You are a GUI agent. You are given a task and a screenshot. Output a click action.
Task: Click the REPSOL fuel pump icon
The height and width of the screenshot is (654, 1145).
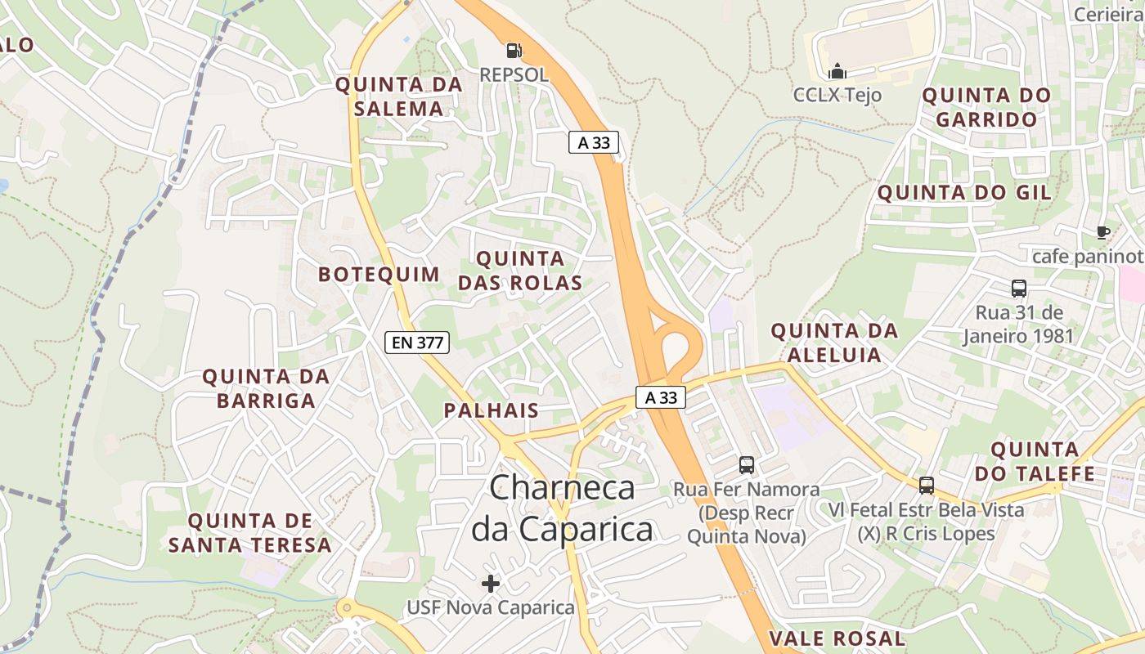(514, 51)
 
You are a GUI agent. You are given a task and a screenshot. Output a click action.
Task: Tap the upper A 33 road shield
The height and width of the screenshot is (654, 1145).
(594, 142)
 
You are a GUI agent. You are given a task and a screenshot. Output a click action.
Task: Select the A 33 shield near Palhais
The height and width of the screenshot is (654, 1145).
(661, 397)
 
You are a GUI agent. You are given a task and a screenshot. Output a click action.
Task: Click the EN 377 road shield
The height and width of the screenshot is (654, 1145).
(417, 343)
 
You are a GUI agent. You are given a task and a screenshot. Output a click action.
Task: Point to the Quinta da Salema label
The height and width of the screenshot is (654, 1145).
(399, 96)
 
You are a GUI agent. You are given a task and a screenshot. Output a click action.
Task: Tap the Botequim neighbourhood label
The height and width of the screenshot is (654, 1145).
(379, 274)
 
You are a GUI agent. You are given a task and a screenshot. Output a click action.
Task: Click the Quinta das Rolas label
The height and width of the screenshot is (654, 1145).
(520, 271)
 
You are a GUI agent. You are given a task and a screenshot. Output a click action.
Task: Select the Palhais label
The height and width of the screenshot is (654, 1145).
(492, 410)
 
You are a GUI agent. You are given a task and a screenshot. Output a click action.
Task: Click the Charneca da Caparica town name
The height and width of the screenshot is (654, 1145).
(563, 508)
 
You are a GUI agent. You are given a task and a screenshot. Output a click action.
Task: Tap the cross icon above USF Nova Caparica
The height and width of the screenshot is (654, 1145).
(491, 583)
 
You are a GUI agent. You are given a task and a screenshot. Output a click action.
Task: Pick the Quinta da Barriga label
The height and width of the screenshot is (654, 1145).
(266, 388)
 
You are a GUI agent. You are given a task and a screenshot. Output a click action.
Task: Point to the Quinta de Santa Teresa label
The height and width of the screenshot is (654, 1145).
(250, 532)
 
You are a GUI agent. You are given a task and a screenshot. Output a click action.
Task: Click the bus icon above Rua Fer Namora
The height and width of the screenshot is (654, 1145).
(747, 465)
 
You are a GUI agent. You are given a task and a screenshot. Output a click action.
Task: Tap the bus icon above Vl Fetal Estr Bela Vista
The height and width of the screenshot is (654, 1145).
(926, 486)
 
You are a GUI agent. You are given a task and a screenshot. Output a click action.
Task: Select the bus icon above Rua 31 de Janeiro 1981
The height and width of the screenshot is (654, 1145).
(1018, 289)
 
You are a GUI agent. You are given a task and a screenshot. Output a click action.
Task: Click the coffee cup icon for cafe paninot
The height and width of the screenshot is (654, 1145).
(1102, 232)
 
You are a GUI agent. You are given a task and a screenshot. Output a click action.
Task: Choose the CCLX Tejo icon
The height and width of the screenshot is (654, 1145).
(837, 71)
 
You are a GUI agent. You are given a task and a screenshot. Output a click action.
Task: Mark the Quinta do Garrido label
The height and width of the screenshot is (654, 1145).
(986, 107)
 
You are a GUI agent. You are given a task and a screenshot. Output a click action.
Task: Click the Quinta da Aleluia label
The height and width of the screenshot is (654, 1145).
(834, 343)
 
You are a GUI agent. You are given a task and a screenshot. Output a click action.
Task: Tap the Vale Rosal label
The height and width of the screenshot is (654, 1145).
(837, 638)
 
